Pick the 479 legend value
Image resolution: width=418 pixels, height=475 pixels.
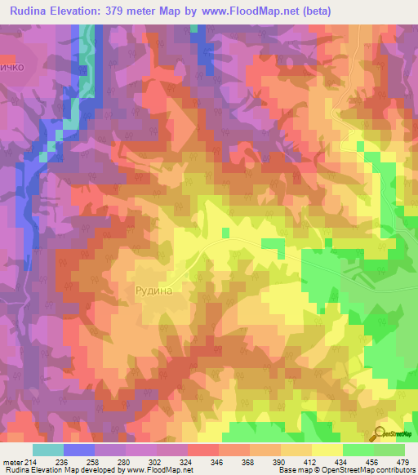point(403,462)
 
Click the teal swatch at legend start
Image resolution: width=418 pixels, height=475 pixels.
point(48,450)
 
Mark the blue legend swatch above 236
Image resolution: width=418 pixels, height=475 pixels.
point(79,450)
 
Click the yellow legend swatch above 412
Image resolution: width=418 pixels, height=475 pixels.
point(327,450)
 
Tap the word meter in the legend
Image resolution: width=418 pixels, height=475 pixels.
point(12,462)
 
